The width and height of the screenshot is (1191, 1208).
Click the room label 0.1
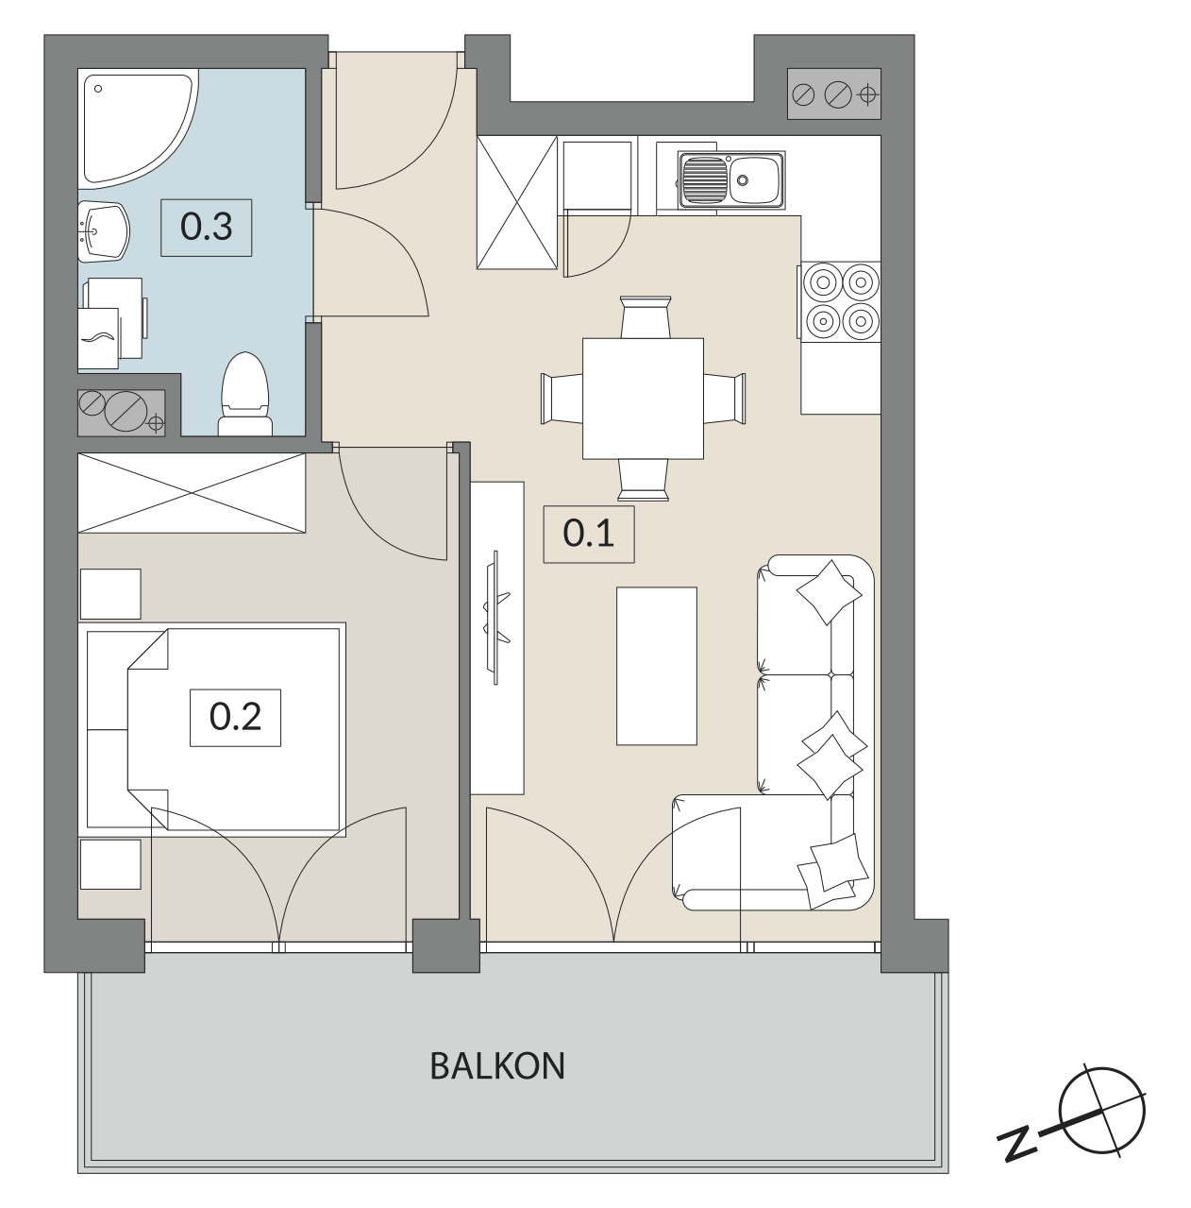point(588,534)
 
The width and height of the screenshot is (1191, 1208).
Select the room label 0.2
point(235,718)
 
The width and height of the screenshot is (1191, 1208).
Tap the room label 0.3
point(206,228)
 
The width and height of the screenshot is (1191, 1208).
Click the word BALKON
point(497,1066)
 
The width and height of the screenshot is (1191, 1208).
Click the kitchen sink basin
point(730,179)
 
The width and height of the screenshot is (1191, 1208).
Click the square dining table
point(643,399)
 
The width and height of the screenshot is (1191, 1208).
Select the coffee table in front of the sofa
point(657,666)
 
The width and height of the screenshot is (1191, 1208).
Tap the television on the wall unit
point(496,618)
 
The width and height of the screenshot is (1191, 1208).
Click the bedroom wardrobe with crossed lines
point(192,493)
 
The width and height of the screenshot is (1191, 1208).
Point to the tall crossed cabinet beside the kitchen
point(517,202)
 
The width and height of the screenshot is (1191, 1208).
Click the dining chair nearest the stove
point(725,399)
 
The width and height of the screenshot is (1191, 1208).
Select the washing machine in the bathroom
point(114,323)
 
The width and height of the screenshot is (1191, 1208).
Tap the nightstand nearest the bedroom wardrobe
point(110,594)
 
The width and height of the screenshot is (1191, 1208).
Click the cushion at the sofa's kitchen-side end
point(829,592)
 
